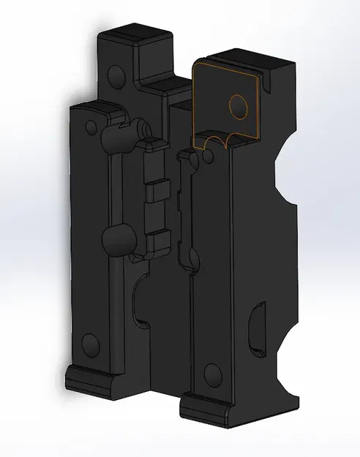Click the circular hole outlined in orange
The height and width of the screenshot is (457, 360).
pyautogui.click(x=238, y=105)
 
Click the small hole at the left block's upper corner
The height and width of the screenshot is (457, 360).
pyautogui.click(x=91, y=126)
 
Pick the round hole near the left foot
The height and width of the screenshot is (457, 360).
pyautogui.click(x=90, y=344)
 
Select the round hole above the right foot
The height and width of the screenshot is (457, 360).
pyautogui.click(x=212, y=374)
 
